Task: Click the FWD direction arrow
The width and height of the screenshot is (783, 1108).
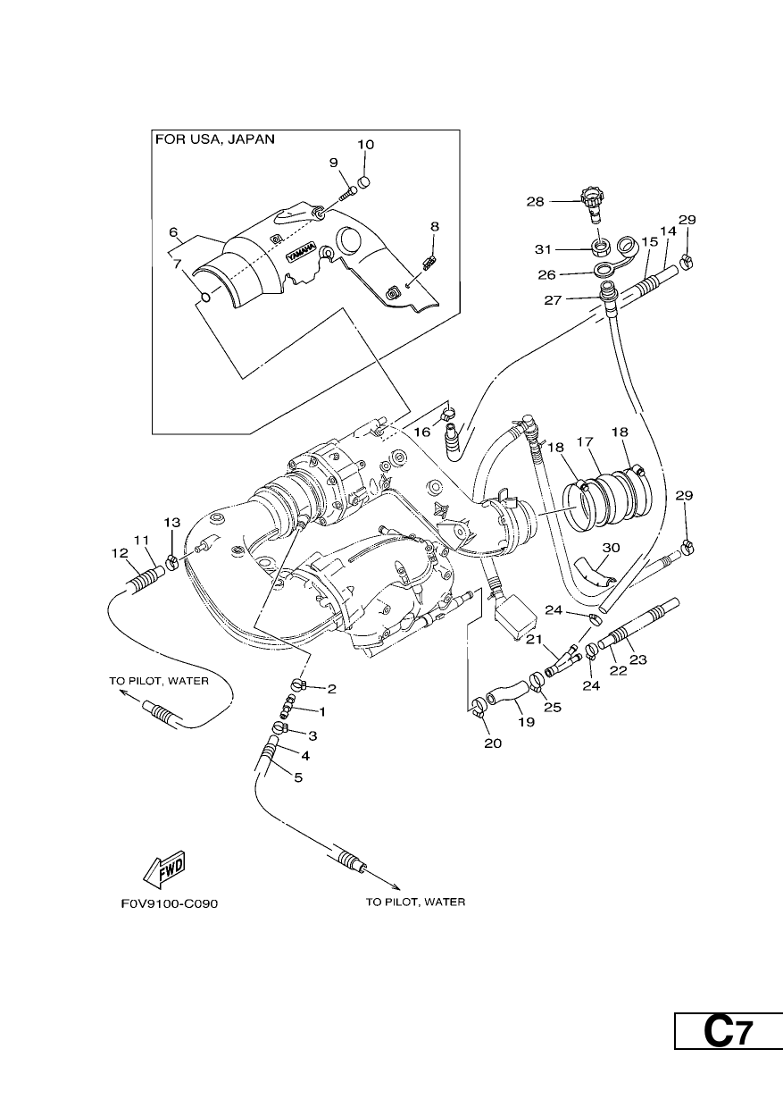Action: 164,869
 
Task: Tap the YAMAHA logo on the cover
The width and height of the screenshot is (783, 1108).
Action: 301,251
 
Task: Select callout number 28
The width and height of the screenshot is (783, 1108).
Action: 535,202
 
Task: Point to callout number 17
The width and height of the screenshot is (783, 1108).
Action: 585,441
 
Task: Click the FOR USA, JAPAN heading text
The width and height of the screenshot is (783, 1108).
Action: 215,139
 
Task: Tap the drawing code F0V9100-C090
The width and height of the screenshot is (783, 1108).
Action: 169,903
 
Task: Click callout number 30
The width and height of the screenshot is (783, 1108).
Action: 611,548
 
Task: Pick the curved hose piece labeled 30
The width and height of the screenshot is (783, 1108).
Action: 592,573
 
